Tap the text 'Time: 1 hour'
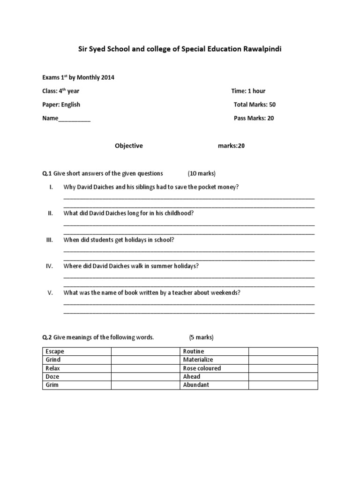pyautogui.click(x=248, y=91)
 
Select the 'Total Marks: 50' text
pyautogui.click(x=255, y=105)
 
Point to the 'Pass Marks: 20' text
pyautogui.click(x=254, y=118)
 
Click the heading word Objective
pyautogui.click(x=129, y=146)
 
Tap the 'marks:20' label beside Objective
pyautogui.click(x=231, y=146)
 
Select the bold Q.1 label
pyautogui.click(x=46, y=173)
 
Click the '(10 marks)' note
pyautogui.click(x=202, y=173)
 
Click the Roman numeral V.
pyautogui.click(x=50, y=293)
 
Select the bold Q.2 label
pyautogui.click(x=46, y=337)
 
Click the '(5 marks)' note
pyautogui.click(x=201, y=337)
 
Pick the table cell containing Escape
pyautogui.click(x=76, y=352)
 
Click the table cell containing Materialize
pyautogui.click(x=214, y=360)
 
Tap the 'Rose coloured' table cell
pyautogui.click(x=214, y=368)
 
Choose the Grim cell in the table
pyautogui.click(x=76, y=385)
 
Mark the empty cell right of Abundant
pyautogui.click(x=283, y=385)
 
